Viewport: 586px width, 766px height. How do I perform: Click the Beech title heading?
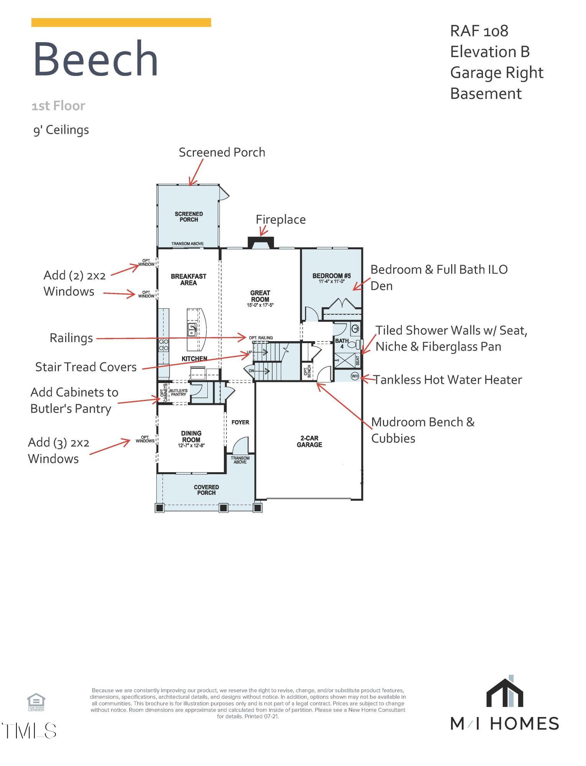tap(96, 59)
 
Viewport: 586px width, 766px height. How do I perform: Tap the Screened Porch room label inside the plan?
tap(189, 217)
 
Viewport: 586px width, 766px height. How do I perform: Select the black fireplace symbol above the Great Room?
tap(261, 242)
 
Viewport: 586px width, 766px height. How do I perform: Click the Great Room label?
tap(260, 296)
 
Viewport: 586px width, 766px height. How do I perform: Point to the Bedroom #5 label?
tap(332, 276)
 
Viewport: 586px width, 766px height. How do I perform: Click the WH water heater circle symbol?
tap(355, 376)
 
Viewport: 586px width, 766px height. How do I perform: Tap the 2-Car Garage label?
tap(309, 441)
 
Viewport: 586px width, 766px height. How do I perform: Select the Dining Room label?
tap(191, 437)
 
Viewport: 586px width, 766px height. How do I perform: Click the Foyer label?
tap(240, 422)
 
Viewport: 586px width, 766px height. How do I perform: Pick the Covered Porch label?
tap(206, 490)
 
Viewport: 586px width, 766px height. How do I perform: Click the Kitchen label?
tap(194, 359)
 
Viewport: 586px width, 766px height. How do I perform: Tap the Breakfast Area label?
tap(189, 280)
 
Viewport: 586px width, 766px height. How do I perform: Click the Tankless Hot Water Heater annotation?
tap(448, 380)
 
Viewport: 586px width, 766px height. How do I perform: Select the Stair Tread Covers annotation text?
tap(86, 367)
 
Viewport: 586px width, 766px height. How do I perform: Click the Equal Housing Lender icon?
tap(36, 702)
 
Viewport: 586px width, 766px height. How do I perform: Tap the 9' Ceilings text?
tap(61, 130)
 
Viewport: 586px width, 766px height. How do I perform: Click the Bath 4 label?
tap(342, 343)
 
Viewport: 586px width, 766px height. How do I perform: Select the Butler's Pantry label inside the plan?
tap(179, 392)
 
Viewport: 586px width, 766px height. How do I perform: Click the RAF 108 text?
tap(479, 31)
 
